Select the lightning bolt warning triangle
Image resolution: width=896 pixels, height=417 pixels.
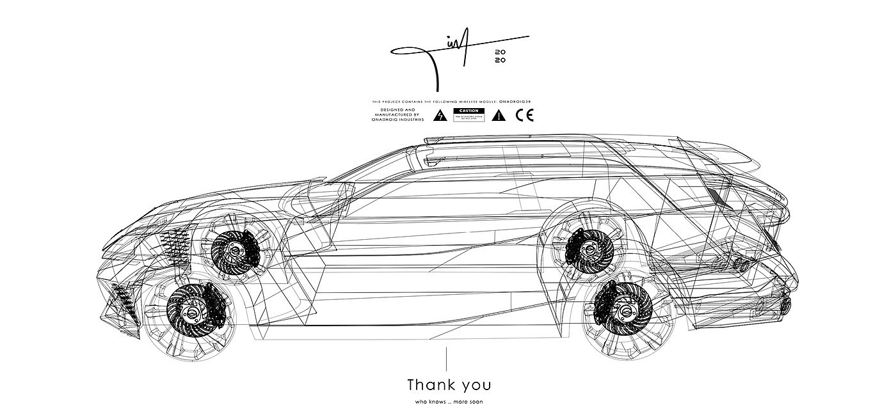point(439,116)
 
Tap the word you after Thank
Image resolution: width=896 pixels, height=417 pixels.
point(474,386)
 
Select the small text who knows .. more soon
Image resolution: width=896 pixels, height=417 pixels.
point(449,402)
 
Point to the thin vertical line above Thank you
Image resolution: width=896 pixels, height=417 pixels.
point(447,359)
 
